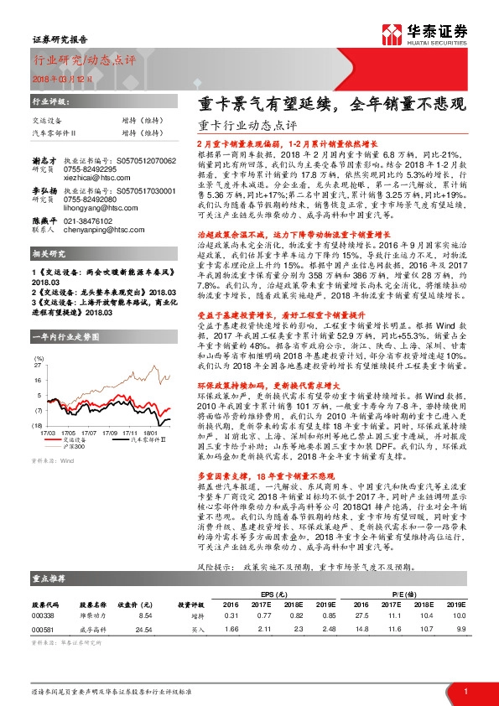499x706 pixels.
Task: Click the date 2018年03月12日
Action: point(53,78)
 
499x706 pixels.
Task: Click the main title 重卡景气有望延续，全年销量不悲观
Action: point(330,106)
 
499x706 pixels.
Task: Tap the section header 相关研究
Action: point(47,253)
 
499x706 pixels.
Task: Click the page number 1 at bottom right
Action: point(465,691)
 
